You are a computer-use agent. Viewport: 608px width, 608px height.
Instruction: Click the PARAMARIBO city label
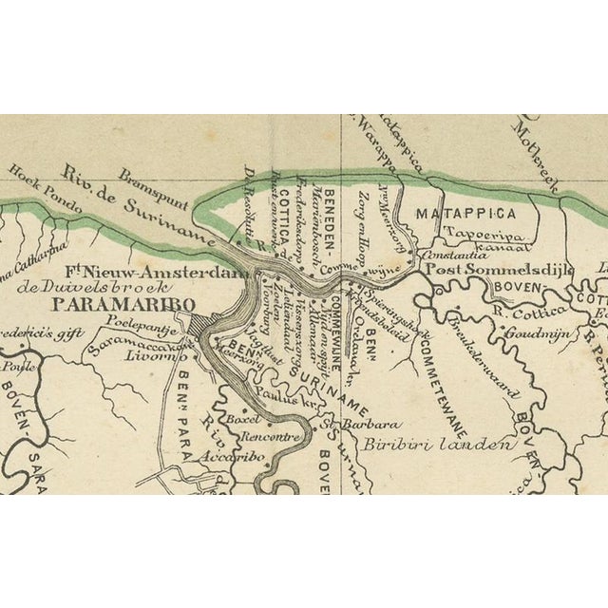click(123, 304)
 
